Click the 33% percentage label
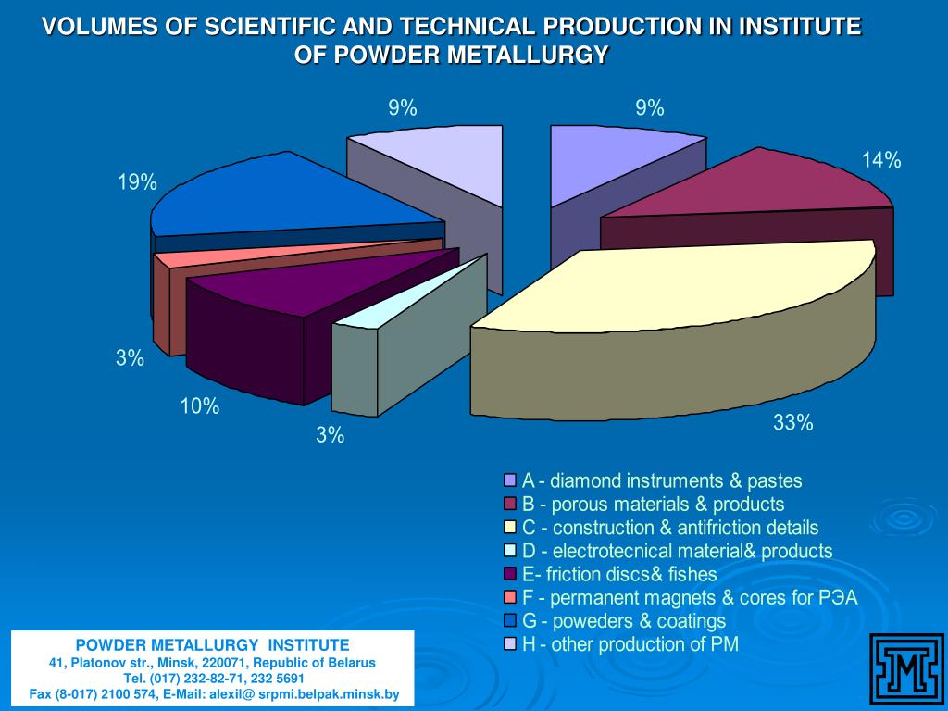pyautogui.click(x=793, y=423)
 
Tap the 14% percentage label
pyautogui.click(x=880, y=160)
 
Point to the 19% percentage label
pyautogui.click(x=137, y=182)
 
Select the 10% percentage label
pyautogui.click(x=200, y=405)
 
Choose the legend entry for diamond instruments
pyautogui.click(x=662, y=480)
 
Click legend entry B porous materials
pyautogui.click(x=653, y=504)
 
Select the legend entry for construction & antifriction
pyautogui.click(x=670, y=528)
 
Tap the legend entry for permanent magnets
pyautogui.click(x=690, y=597)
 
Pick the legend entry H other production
pyautogui.click(x=630, y=644)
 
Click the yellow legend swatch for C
pyautogui.click(x=509, y=528)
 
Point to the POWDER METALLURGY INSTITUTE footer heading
pyautogui.click(x=212, y=644)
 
